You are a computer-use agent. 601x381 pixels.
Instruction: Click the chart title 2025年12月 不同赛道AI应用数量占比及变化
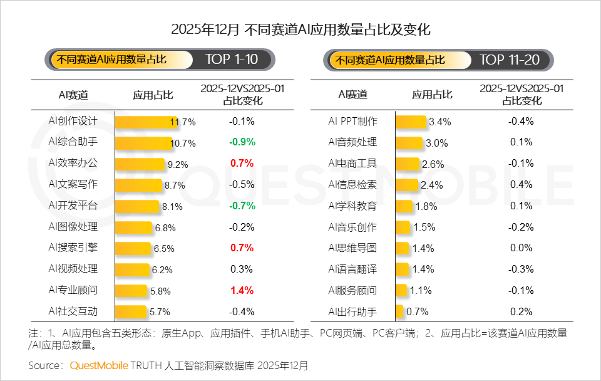point(300,29)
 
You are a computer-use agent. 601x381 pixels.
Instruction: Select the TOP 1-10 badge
point(231,60)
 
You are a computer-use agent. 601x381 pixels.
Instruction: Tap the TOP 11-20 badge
point(510,60)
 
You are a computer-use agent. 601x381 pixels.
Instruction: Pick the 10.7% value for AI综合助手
point(183,143)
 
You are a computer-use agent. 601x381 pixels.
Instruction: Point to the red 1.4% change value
point(242,290)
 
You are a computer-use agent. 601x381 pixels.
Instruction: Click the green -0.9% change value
point(242,142)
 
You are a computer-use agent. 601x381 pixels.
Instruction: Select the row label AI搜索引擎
point(73,248)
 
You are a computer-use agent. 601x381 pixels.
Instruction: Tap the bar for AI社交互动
point(130,311)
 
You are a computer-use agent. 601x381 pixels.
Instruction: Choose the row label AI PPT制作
point(352,121)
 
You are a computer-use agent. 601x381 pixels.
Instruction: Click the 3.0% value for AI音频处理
point(436,143)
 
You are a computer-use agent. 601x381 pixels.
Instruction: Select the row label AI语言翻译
point(352,269)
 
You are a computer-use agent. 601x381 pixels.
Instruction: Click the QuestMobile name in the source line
point(100,365)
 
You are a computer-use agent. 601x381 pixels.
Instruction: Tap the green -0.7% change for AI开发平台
point(242,206)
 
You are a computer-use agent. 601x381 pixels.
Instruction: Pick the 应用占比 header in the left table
point(153,95)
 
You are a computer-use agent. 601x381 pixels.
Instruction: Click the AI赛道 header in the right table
point(352,95)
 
